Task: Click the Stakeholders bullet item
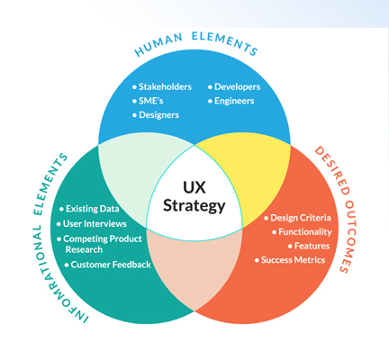[x=162, y=87]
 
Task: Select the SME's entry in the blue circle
[x=148, y=101]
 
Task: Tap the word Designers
[x=158, y=115]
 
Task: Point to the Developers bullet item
[x=234, y=87]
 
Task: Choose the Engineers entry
[x=231, y=101]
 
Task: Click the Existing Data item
[x=89, y=209]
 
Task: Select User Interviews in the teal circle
[x=92, y=224]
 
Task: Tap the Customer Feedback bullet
[x=108, y=265]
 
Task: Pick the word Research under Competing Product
[x=84, y=249]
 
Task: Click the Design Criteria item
[x=297, y=218]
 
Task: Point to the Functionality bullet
[x=302, y=232]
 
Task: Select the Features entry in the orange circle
[x=309, y=246]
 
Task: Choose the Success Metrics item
[x=290, y=260]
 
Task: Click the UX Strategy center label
[x=194, y=196]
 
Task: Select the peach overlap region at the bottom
[x=194, y=270]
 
